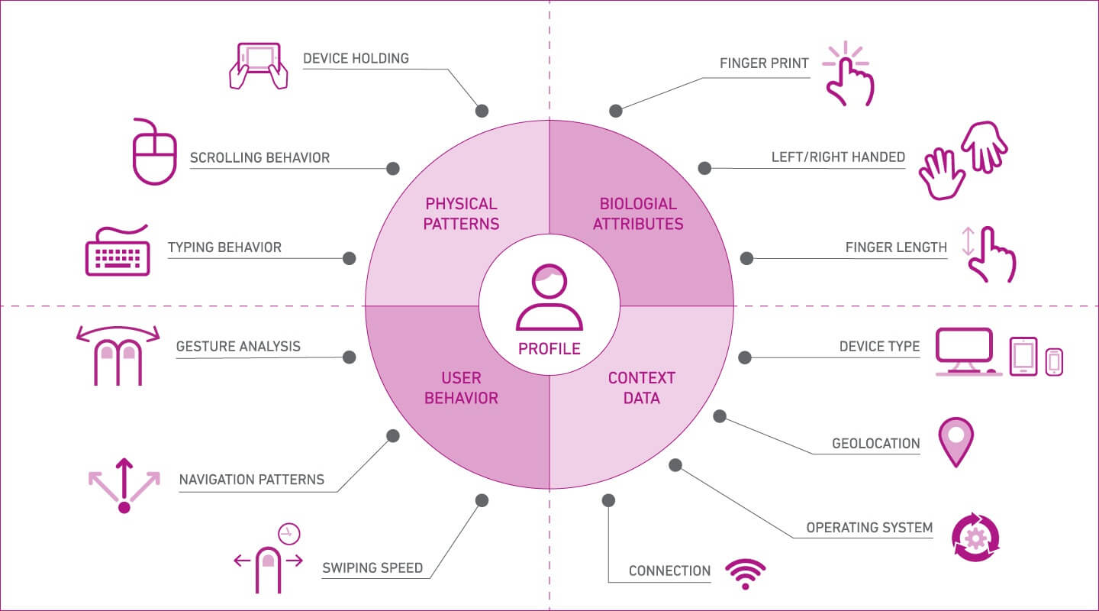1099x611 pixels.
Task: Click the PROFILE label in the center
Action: coord(549,349)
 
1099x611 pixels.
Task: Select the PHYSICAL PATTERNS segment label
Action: coord(462,214)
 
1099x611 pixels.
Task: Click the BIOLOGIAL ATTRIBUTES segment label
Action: coord(638,214)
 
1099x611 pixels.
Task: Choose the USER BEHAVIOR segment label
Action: coord(461,388)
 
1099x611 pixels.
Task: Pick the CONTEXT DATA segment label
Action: coord(641,388)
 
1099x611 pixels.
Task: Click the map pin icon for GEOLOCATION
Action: coord(956,441)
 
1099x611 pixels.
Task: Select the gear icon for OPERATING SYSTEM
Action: coord(975,538)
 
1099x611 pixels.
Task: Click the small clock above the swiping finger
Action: coord(288,533)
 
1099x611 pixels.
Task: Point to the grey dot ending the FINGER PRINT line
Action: coord(617,111)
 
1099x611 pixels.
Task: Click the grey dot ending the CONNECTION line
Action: coord(608,500)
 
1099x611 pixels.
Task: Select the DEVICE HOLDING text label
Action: coord(356,58)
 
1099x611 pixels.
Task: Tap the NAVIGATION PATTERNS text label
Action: coord(252,480)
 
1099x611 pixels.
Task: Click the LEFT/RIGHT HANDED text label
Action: coord(838,157)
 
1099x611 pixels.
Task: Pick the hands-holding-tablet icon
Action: coord(258,66)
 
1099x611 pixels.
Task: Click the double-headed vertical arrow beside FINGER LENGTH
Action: coord(968,241)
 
